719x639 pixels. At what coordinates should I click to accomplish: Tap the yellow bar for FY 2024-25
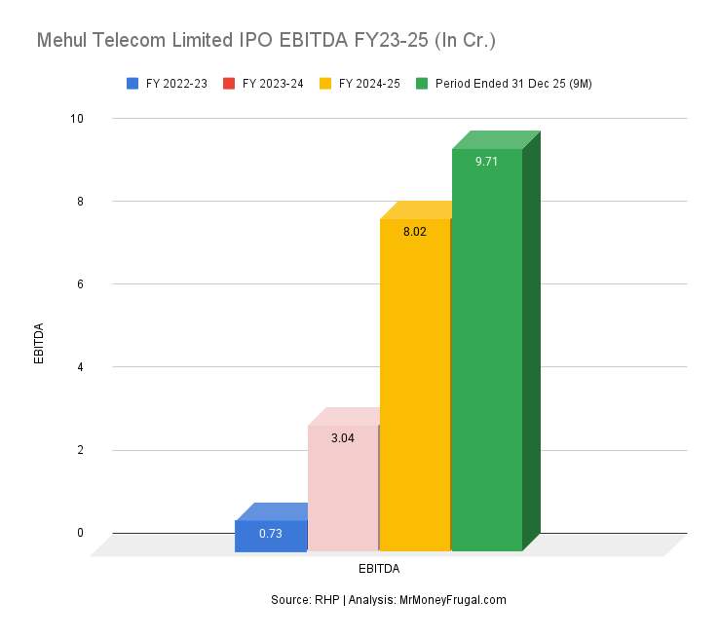pos(414,390)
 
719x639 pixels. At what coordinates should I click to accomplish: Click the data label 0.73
pos(271,533)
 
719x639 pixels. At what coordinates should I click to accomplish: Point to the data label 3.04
pos(342,438)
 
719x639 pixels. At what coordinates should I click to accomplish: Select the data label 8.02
pos(414,233)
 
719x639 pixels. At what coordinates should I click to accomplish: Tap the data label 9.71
pos(486,162)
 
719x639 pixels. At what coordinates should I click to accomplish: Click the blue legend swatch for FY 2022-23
pos(132,84)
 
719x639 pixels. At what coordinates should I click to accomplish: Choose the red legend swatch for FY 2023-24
pos(229,84)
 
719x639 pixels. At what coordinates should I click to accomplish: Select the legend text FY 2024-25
pos(369,84)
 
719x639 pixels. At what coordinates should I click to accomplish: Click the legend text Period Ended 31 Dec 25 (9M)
pos(512,84)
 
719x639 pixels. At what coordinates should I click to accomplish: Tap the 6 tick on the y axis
pos(80,284)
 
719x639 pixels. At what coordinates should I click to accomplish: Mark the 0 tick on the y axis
pos(80,533)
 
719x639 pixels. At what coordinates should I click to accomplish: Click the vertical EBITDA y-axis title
pos(39,343)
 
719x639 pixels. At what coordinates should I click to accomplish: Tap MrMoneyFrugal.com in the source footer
pos(453,600)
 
